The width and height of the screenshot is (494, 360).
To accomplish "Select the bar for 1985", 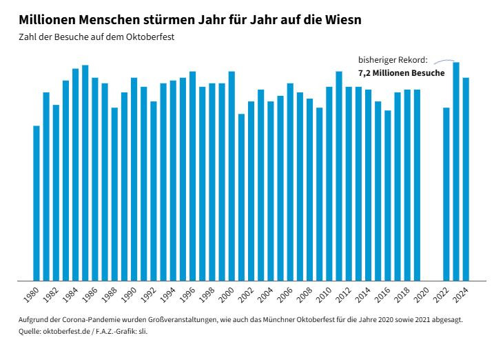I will [x=85, y=173].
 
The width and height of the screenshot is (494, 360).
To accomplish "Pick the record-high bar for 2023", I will [x=456, y=172].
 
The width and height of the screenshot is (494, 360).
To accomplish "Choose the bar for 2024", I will [x=466, y=179].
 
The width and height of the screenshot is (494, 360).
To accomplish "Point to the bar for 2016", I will [x=388, y=196].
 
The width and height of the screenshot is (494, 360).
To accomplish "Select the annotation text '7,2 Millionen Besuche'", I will [x=401, y=73].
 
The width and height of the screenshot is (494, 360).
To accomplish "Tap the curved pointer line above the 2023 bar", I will [x=444, y=61].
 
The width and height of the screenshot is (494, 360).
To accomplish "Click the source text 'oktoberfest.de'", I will [x=67, y=332].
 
